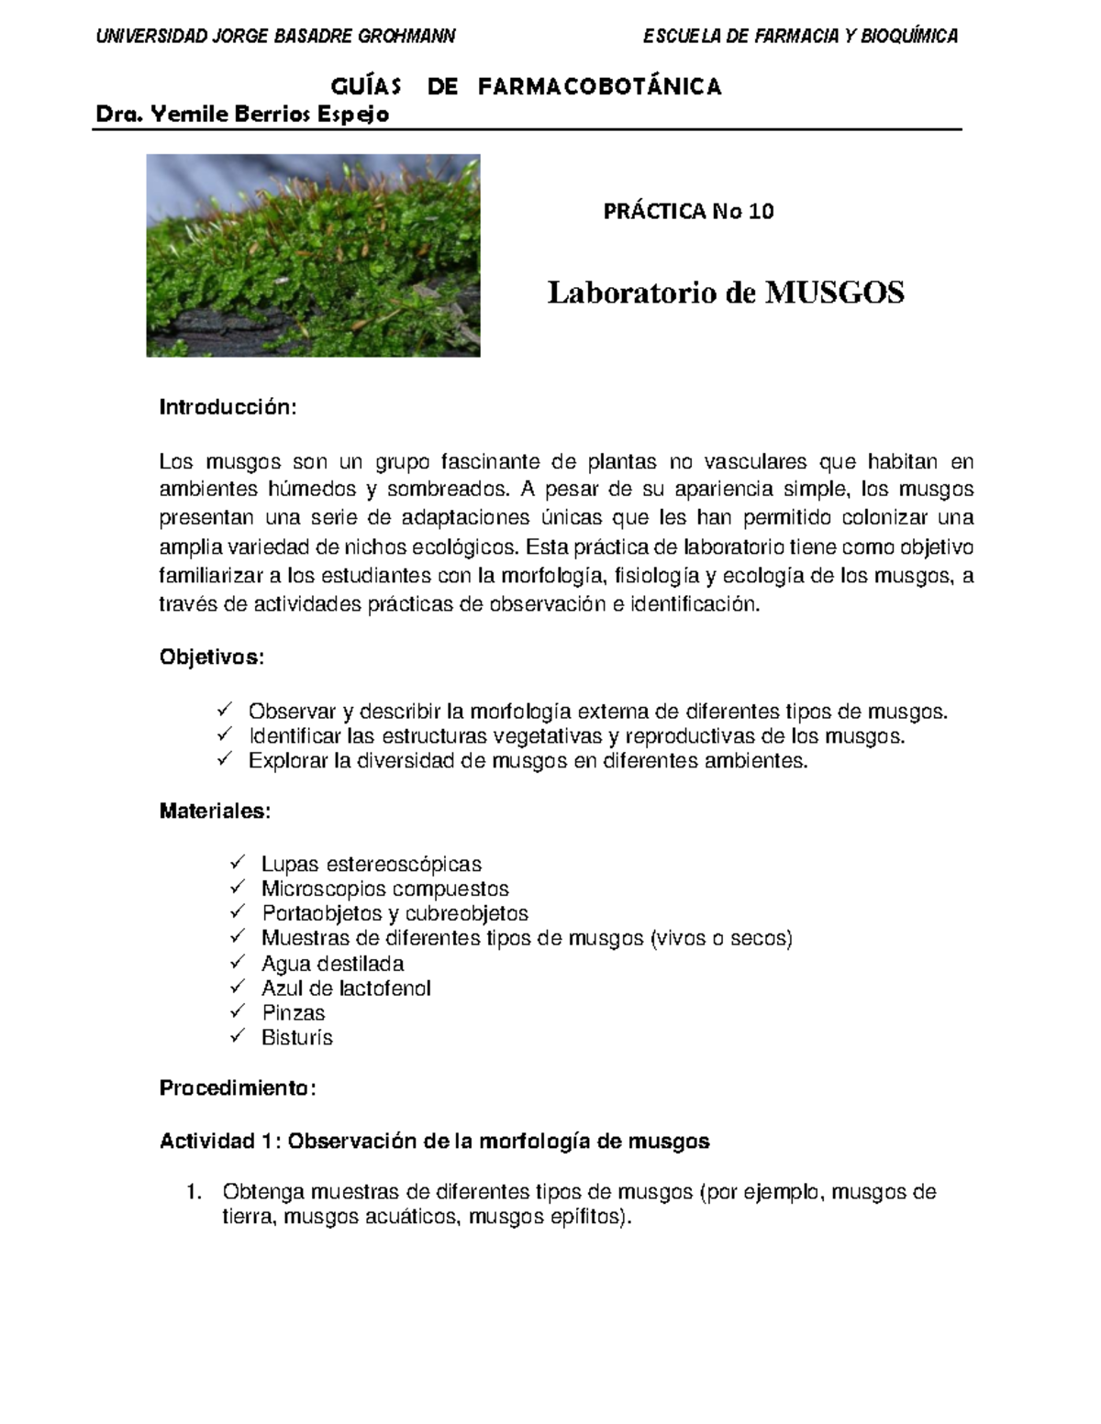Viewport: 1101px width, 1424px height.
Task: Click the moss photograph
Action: (313, 255)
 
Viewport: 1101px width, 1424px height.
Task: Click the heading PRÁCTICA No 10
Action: (688, 212)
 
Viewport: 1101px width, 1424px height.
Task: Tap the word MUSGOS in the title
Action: (835, 293)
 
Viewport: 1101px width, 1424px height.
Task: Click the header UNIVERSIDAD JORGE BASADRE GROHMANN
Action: (275, 37)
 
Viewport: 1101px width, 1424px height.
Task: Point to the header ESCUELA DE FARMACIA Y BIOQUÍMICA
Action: (800, 37)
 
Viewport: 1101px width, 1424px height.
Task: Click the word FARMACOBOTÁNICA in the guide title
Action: (600, 87)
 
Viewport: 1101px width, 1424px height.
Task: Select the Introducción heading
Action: (228, 407)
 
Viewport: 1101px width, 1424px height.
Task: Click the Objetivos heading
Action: (212, 657)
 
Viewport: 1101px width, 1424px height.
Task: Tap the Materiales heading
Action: (216, 811)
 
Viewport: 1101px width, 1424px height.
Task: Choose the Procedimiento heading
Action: (238, 1088)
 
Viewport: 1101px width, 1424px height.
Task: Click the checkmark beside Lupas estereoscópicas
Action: (238, 863)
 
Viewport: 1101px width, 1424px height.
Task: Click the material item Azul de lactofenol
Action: (346, 988)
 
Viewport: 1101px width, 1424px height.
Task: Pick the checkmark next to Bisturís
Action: (238, 1036)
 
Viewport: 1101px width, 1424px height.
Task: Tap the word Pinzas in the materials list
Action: (293, 1013)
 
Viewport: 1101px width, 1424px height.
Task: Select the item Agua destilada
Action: (332, 964)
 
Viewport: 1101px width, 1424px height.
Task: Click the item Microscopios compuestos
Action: (384, 889)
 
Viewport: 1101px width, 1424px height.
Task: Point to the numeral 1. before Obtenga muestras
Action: (192, 1193)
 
